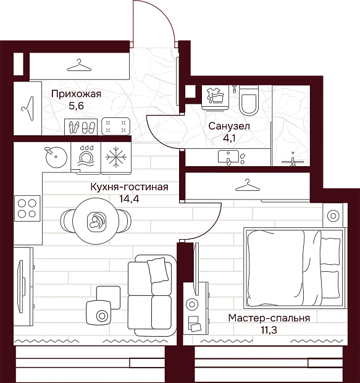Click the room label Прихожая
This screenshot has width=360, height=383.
76,94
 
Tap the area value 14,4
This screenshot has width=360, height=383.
129,199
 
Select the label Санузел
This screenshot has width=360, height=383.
229,126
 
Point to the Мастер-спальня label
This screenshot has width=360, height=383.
269,318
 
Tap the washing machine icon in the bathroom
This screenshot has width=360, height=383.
215,97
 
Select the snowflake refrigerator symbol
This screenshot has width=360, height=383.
116,158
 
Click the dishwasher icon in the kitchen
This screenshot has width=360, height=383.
86,156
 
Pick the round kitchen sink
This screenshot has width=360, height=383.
56,157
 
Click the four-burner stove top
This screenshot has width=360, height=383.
27,208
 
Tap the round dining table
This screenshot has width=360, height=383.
96,221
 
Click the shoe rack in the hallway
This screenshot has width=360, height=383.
81,127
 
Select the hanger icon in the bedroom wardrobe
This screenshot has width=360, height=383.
247,185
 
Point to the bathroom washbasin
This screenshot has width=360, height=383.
228,158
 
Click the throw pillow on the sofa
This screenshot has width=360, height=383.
158,271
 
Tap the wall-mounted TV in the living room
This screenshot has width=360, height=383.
21,286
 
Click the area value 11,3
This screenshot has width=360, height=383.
269,330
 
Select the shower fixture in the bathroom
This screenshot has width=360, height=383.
293,160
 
